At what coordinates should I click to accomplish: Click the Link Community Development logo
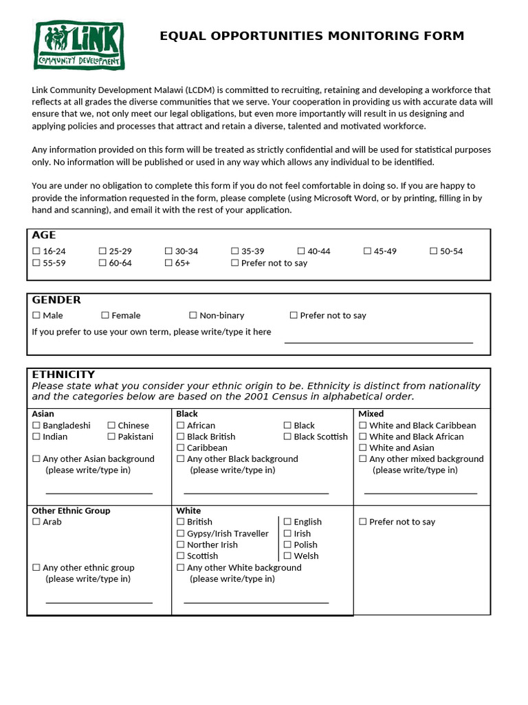(x=79, y=45)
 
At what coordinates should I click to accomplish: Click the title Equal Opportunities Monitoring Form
(x=311, y=36)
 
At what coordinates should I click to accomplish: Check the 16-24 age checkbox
(x=36, y=251)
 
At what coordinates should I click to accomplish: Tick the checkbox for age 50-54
(x=434, y=251)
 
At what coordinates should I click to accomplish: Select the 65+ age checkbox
(x=169, y=263)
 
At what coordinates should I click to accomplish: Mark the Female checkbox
(x=105, y=315)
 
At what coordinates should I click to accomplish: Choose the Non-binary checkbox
(x=193, y=315)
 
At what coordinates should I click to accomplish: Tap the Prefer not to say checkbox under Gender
(x=294, y=315)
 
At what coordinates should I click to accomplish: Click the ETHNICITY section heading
(x=63, y=375)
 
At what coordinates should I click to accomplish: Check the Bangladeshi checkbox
(x=36, y=425)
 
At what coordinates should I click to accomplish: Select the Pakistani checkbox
(x=111, y=436)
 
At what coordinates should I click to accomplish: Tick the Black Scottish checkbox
(x=287, y=436)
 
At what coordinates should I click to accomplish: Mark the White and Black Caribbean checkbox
(x=363, y=425)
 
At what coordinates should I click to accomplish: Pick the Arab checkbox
(x=36, y=522)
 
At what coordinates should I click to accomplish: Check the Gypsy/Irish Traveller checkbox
(x=181, y=534)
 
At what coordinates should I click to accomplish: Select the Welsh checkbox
(x=287, y=556)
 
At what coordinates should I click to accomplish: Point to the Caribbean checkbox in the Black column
(x=181, y=448)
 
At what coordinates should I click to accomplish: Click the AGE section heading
(x=44, y=235)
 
